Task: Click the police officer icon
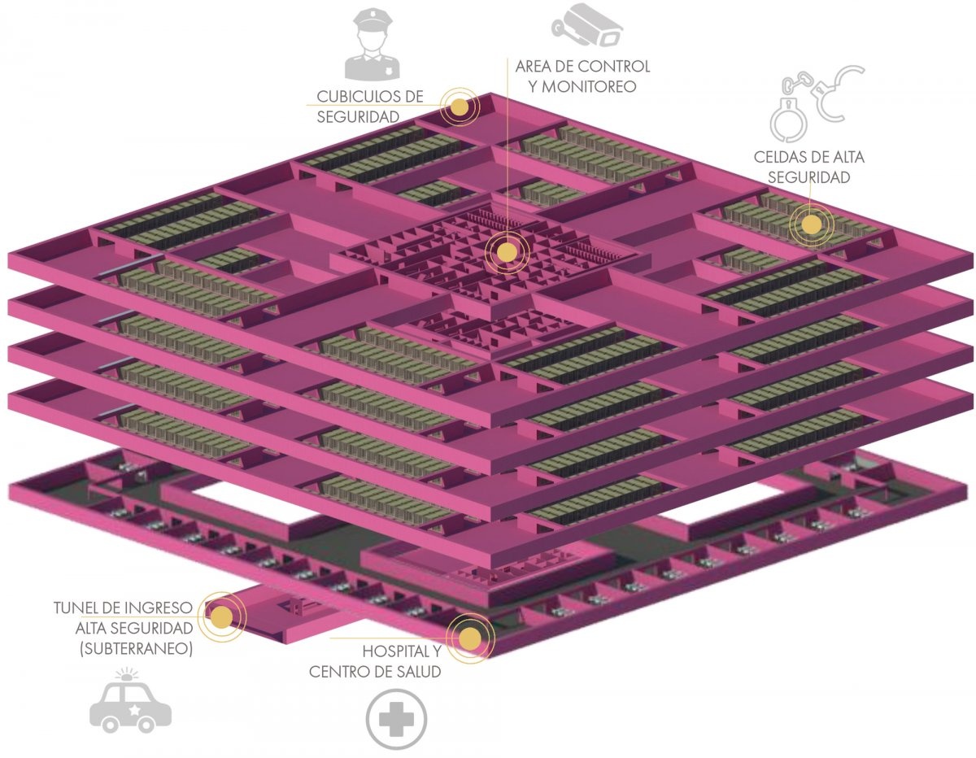[373, 44]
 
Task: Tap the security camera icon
[586, 24]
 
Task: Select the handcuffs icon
[816, 102]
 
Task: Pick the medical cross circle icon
[396, 719]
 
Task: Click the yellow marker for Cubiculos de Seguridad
[459, 107]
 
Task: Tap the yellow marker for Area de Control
[507, 251]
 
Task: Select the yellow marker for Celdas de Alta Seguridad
[811, 225]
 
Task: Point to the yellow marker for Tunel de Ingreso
[221, 617]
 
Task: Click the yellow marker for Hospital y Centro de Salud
[470, 638]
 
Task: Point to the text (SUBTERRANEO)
[136, 648]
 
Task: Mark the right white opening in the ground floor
[727, 503]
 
